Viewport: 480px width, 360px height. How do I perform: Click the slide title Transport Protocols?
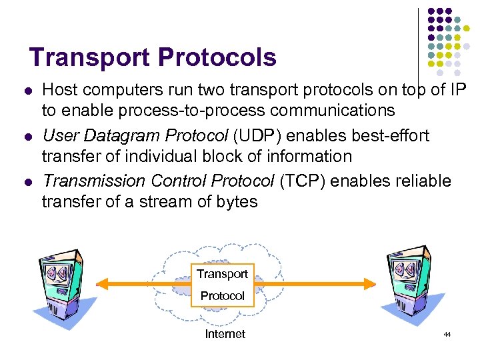(153, 58)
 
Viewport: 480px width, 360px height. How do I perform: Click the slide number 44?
(447, 334)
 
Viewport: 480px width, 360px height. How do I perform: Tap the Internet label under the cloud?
(225, 334)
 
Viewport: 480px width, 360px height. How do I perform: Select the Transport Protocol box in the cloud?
(223, 285)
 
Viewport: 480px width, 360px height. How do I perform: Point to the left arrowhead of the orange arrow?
(101, 284)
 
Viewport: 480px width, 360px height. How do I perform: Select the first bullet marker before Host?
(27, 90)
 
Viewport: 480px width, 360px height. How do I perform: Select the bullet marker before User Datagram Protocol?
(27, 136)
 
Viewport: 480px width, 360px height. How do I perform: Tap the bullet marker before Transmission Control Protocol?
(27, 181)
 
